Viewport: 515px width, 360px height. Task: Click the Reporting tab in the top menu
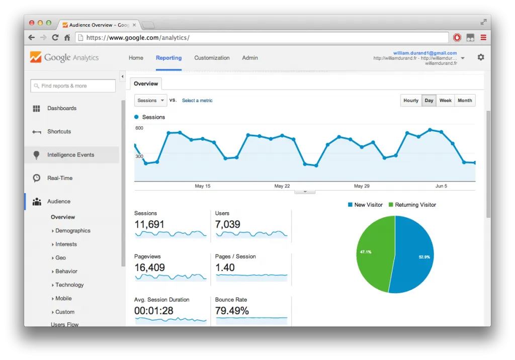[x=168, y=58]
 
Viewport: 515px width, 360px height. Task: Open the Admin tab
[x=250, y=58]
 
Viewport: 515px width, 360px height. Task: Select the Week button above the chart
[x=445, y=101]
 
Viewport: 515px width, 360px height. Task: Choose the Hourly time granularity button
[x=411, y=101]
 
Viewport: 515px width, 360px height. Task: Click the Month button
[x=465, y=101]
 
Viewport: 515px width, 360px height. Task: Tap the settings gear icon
[x=481, y=57]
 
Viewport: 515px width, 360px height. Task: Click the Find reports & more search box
[x=73, y=86]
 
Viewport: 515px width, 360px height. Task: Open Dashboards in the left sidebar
[x=61, y=108]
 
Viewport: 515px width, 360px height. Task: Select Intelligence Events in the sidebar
[x=70, y=155]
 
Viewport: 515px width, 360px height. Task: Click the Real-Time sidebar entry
[x=59, y=178]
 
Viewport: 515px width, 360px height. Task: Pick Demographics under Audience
[x=72, y=231]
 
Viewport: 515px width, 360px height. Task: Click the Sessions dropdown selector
[x=150, y=101]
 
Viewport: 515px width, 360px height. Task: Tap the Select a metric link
[x=197, y=101]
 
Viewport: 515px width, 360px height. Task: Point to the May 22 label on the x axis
[x=282, y=186]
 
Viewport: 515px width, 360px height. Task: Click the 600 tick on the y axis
[x=139, y=128]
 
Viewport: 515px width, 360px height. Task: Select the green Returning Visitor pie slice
[x=375, y=251]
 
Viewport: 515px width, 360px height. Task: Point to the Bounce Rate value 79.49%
[x=232, y=311]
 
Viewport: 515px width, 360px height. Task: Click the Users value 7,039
[x=228, y=224]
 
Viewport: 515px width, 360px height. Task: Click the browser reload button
[x=55, y=38]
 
